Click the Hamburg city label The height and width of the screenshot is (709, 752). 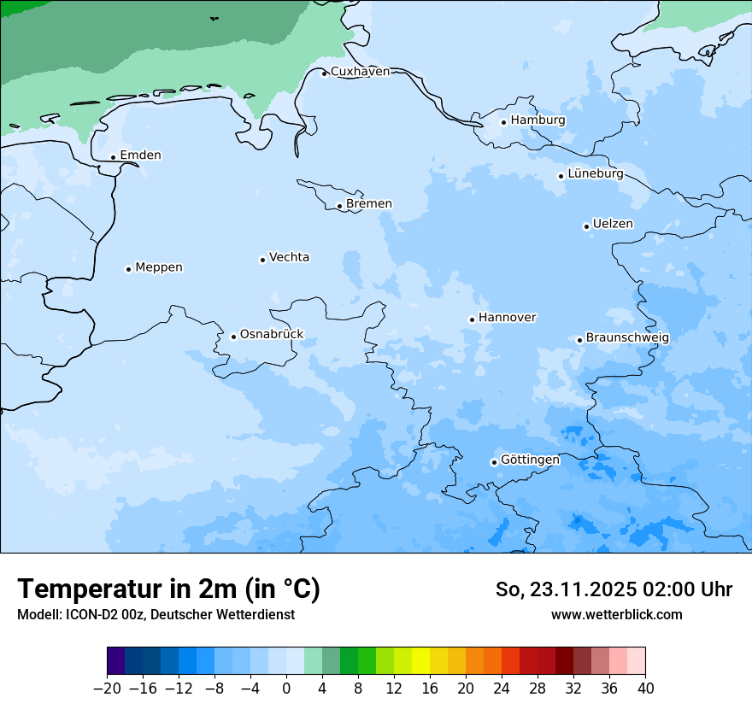tap(538, 120)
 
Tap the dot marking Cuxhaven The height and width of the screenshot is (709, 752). tap(324, 73)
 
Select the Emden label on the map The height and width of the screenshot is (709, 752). tap(140, 155)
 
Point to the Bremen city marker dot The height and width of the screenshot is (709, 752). tap(339, 206)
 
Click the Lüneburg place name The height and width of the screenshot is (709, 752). tap(595, 174)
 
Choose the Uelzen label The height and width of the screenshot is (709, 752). tap(613, 225)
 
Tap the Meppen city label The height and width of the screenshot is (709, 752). tap(159, 267)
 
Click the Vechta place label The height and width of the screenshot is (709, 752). tap(289, 257)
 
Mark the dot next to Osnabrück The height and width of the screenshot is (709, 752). tap(233, 337)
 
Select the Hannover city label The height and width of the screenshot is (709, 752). tap(507, 318)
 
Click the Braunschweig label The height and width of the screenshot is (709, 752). tap(627, 338)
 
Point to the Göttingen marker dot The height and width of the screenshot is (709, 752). tap(494, 462)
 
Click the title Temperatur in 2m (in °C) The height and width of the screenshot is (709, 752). tap(168, 589)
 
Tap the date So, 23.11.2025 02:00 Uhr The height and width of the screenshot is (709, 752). tap(614, 589)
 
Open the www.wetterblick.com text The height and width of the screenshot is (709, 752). tap(616, 615)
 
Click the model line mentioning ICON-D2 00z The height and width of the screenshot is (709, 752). tap(156, 615)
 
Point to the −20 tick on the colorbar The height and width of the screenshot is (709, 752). tap(107, 688)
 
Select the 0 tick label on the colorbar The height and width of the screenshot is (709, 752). tap(286, 688)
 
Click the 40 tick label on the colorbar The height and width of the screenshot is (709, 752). tap(645, 688)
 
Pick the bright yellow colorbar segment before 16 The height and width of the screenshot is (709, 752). tap(420, 661)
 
